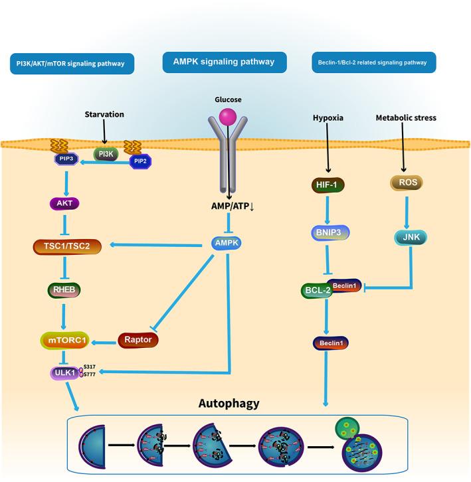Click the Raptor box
(138, 340)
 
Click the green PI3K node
(106, 155)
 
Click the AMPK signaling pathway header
(225, 62)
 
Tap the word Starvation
(105, 115)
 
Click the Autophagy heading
(229, 402)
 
